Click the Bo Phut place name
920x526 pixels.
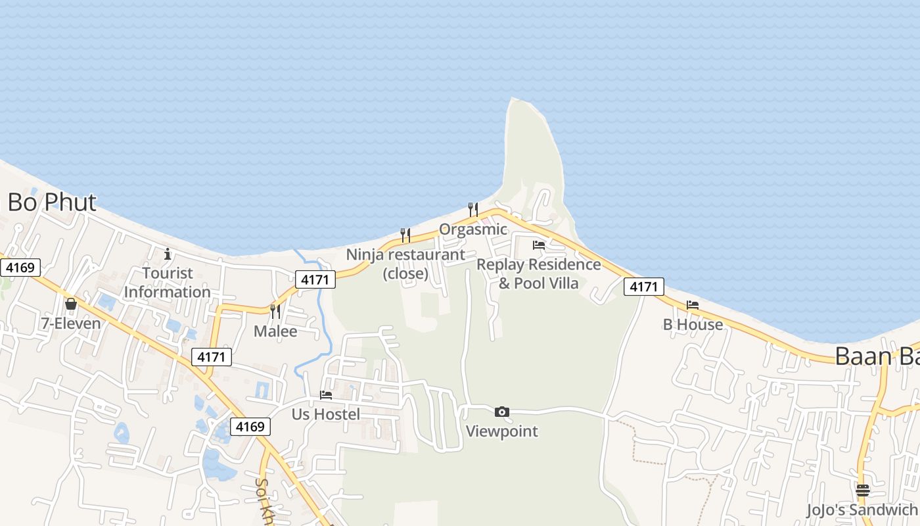(52, 203)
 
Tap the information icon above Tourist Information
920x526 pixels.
(168, 254)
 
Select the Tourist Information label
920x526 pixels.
(168, 282)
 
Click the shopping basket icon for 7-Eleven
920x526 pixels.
(70, 304)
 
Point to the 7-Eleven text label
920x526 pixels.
(71, 323)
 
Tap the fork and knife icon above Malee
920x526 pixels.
(275, 311)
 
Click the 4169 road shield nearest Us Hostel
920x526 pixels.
(250, 427)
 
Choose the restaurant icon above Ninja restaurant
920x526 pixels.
(405, 235)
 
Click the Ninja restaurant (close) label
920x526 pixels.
(405, 264)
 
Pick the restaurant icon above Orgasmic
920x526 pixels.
(472, 210)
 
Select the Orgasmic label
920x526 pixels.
(473, 229)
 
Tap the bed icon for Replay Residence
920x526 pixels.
(539, 245)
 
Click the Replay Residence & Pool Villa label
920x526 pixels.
(539, 274)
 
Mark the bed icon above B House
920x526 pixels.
(693, 305)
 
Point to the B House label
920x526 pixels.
(693, 325)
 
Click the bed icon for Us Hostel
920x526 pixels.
(325, 395)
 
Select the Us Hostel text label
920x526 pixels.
(326, 414)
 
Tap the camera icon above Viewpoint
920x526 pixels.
(502, 412)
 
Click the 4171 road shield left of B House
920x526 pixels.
(643, 287)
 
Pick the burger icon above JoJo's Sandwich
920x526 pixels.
(863, 490)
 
